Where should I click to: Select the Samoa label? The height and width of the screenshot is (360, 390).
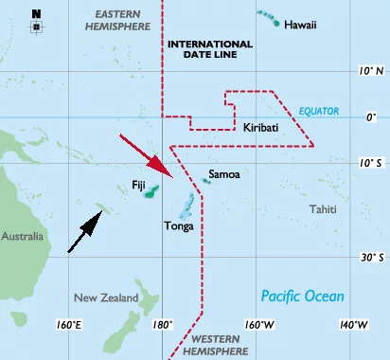[x=224, y=174]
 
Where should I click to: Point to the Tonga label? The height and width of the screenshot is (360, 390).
[x=180, y=225]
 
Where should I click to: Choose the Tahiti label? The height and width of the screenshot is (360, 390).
[x=325, y=208]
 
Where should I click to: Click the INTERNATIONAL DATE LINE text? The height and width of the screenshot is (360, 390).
[x=209, y=49]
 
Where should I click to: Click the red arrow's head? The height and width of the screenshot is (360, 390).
[x=170, y=176]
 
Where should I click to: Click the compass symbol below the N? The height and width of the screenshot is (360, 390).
[x=36, y=27]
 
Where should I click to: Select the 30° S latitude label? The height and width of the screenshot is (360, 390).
[x=371, y=257]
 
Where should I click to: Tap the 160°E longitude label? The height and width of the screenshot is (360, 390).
[x=71, y=325]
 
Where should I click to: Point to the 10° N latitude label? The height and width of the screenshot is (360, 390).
[x=372, y=71]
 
